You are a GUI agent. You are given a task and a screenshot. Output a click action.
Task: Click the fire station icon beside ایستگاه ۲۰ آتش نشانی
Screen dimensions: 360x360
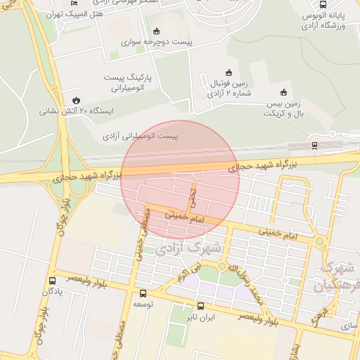pos(75,99)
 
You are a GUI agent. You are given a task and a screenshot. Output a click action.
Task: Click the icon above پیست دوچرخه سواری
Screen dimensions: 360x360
pos(155,31)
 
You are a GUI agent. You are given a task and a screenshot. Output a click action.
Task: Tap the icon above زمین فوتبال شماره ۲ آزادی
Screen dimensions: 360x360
pos(229,72)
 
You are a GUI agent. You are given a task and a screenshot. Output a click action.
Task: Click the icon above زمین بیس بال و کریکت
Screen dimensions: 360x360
pos(284,92)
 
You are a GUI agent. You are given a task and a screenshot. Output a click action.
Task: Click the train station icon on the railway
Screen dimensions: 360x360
pos(314,146)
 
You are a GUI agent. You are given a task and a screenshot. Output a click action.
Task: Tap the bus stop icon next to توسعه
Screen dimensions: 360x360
pos(143,294)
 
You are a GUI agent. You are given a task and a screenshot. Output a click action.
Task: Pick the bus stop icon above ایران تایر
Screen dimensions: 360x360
pos(201,306)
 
